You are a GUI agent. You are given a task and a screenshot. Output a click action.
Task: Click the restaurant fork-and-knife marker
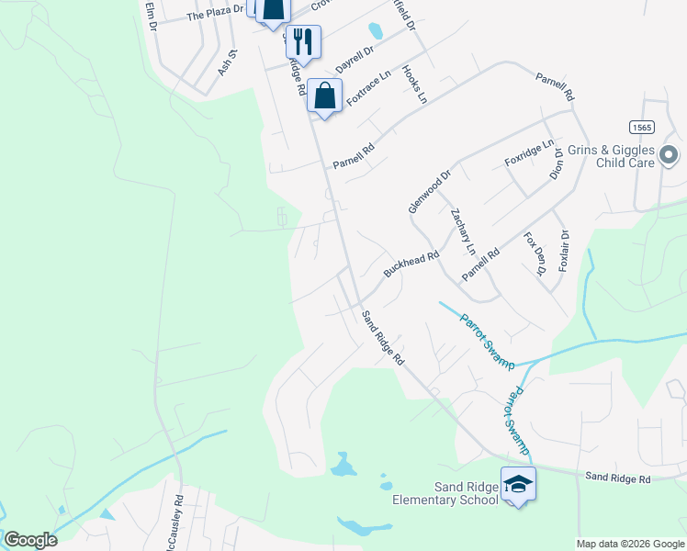304,42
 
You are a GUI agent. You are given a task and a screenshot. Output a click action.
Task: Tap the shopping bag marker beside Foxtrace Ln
325,96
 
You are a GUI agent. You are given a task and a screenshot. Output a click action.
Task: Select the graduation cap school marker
518,484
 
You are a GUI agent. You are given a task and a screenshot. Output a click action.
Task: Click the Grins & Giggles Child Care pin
669,156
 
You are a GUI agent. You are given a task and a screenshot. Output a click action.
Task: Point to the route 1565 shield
642,127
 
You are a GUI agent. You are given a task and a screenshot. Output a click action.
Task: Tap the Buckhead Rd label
406,266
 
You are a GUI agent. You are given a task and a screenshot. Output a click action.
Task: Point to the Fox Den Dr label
535,253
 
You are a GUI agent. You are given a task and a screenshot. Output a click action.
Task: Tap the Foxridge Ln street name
530,153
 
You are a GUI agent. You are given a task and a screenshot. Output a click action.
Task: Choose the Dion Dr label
556,164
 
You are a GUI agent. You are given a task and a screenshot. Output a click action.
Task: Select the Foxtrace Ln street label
366,90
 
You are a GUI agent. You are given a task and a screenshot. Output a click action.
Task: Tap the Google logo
30,539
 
